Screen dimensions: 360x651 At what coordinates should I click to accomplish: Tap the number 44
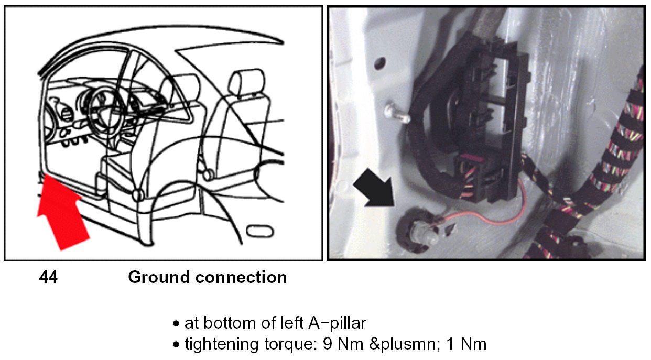pos(48,277)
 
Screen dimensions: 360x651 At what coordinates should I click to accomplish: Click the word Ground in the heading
pos(156,277)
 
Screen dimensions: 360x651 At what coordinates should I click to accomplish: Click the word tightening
pos(219,344)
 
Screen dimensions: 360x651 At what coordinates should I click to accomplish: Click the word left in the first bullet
pos(285,323)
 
